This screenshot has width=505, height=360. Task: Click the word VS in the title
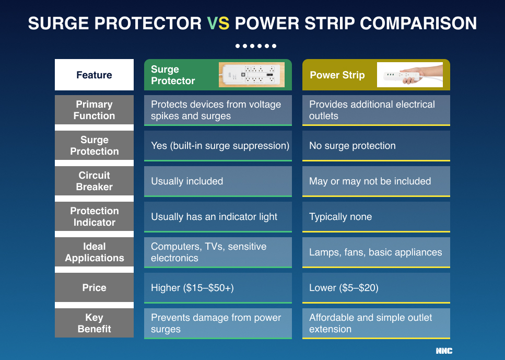pos(218,24)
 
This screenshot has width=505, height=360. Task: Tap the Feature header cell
pos(94,75)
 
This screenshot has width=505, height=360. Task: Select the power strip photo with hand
pos(409,75)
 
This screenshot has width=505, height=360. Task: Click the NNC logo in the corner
pos(444,351)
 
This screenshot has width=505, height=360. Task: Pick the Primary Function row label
pos(94,110)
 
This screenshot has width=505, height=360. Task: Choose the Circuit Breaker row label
pos(94,181)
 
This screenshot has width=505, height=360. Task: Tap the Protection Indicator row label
pos(94,217)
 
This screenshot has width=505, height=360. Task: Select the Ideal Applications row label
pos(94,252)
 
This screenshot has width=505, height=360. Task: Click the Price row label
pos(94,288)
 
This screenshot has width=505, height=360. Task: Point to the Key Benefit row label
pos(94,323)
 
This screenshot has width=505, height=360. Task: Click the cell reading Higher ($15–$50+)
pos(218,288)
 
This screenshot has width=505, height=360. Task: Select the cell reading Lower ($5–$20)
pos(376,288)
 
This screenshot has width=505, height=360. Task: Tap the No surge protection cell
pos(376,146)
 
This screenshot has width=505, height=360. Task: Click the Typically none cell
pos(376,217)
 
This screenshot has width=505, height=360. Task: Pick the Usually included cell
pos(218,181)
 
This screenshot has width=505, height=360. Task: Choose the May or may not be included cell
pos(376,181)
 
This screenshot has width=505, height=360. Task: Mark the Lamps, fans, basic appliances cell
pos(376,252)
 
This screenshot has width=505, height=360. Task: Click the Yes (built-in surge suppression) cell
pos(218,146)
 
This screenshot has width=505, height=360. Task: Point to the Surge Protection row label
pos(94,146)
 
